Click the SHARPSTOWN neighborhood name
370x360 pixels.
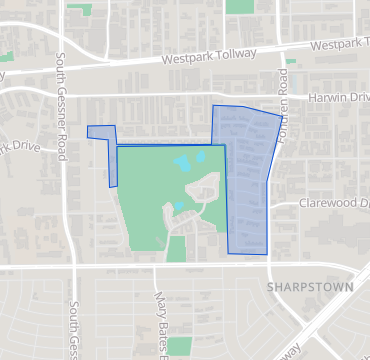tap(311, 286)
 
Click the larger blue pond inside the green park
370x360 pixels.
tap(185, 163)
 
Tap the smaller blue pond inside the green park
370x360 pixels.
tap(179, 207)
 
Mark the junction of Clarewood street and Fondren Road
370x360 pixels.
tap(273, 207)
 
